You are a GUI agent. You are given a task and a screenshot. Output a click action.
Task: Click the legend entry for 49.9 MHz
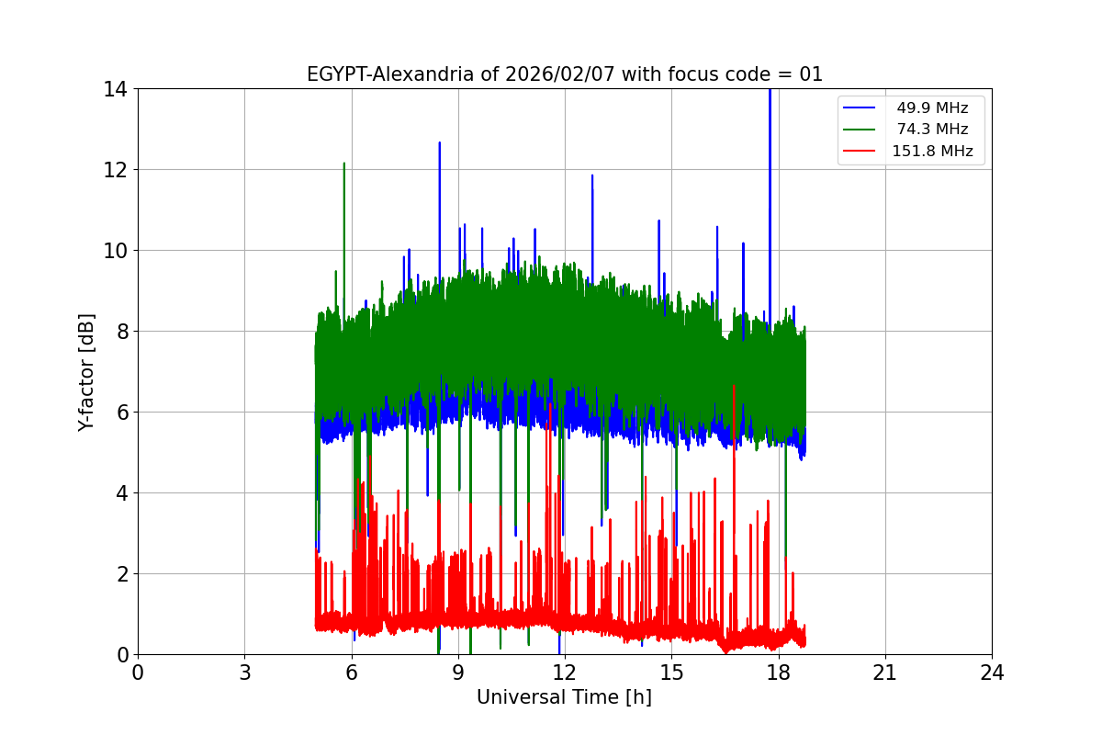[932, 108]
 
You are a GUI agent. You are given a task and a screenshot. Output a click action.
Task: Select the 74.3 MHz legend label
[932, 130]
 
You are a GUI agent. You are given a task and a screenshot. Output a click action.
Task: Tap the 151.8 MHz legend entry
[932, 152]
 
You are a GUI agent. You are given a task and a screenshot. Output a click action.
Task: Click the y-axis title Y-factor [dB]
[86, 371]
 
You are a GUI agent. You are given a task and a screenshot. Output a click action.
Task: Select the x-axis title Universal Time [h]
[564, 697]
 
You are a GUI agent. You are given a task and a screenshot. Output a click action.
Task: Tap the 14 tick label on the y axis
[115, 89]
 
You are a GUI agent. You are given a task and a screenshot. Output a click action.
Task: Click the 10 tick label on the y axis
[115, 251]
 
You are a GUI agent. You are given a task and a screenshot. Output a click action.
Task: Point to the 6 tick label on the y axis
[120, 413]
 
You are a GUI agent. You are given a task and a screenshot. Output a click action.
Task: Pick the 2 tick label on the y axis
[120, 574]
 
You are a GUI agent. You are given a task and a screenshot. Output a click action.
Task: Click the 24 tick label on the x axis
[992, 673]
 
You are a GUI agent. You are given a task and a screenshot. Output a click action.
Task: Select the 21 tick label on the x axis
[885, 673]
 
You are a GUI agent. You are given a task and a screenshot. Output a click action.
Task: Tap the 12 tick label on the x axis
[565, 673]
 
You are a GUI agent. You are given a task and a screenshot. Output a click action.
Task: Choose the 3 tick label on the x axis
[244, 673]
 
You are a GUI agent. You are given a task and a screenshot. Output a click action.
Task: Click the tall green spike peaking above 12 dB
[344, 164]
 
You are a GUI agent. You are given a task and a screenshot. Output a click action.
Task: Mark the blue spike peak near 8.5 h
[439, 143]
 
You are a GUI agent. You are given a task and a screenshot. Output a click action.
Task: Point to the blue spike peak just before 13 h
[592, 175]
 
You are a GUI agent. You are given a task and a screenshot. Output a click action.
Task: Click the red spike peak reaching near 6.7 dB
[733, 386]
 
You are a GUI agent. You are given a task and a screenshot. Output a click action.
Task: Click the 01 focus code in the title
[811, 74]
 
